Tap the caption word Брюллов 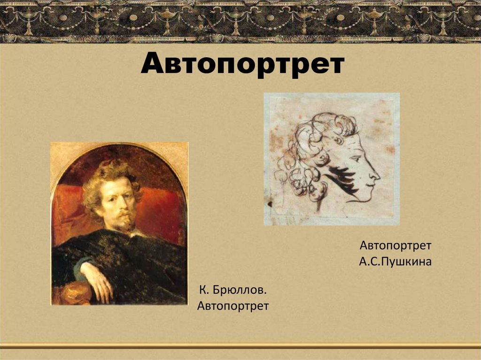[239, 291]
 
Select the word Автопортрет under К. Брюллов [233, 306]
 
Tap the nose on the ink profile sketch [375, 176]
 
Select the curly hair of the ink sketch [310, 150]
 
